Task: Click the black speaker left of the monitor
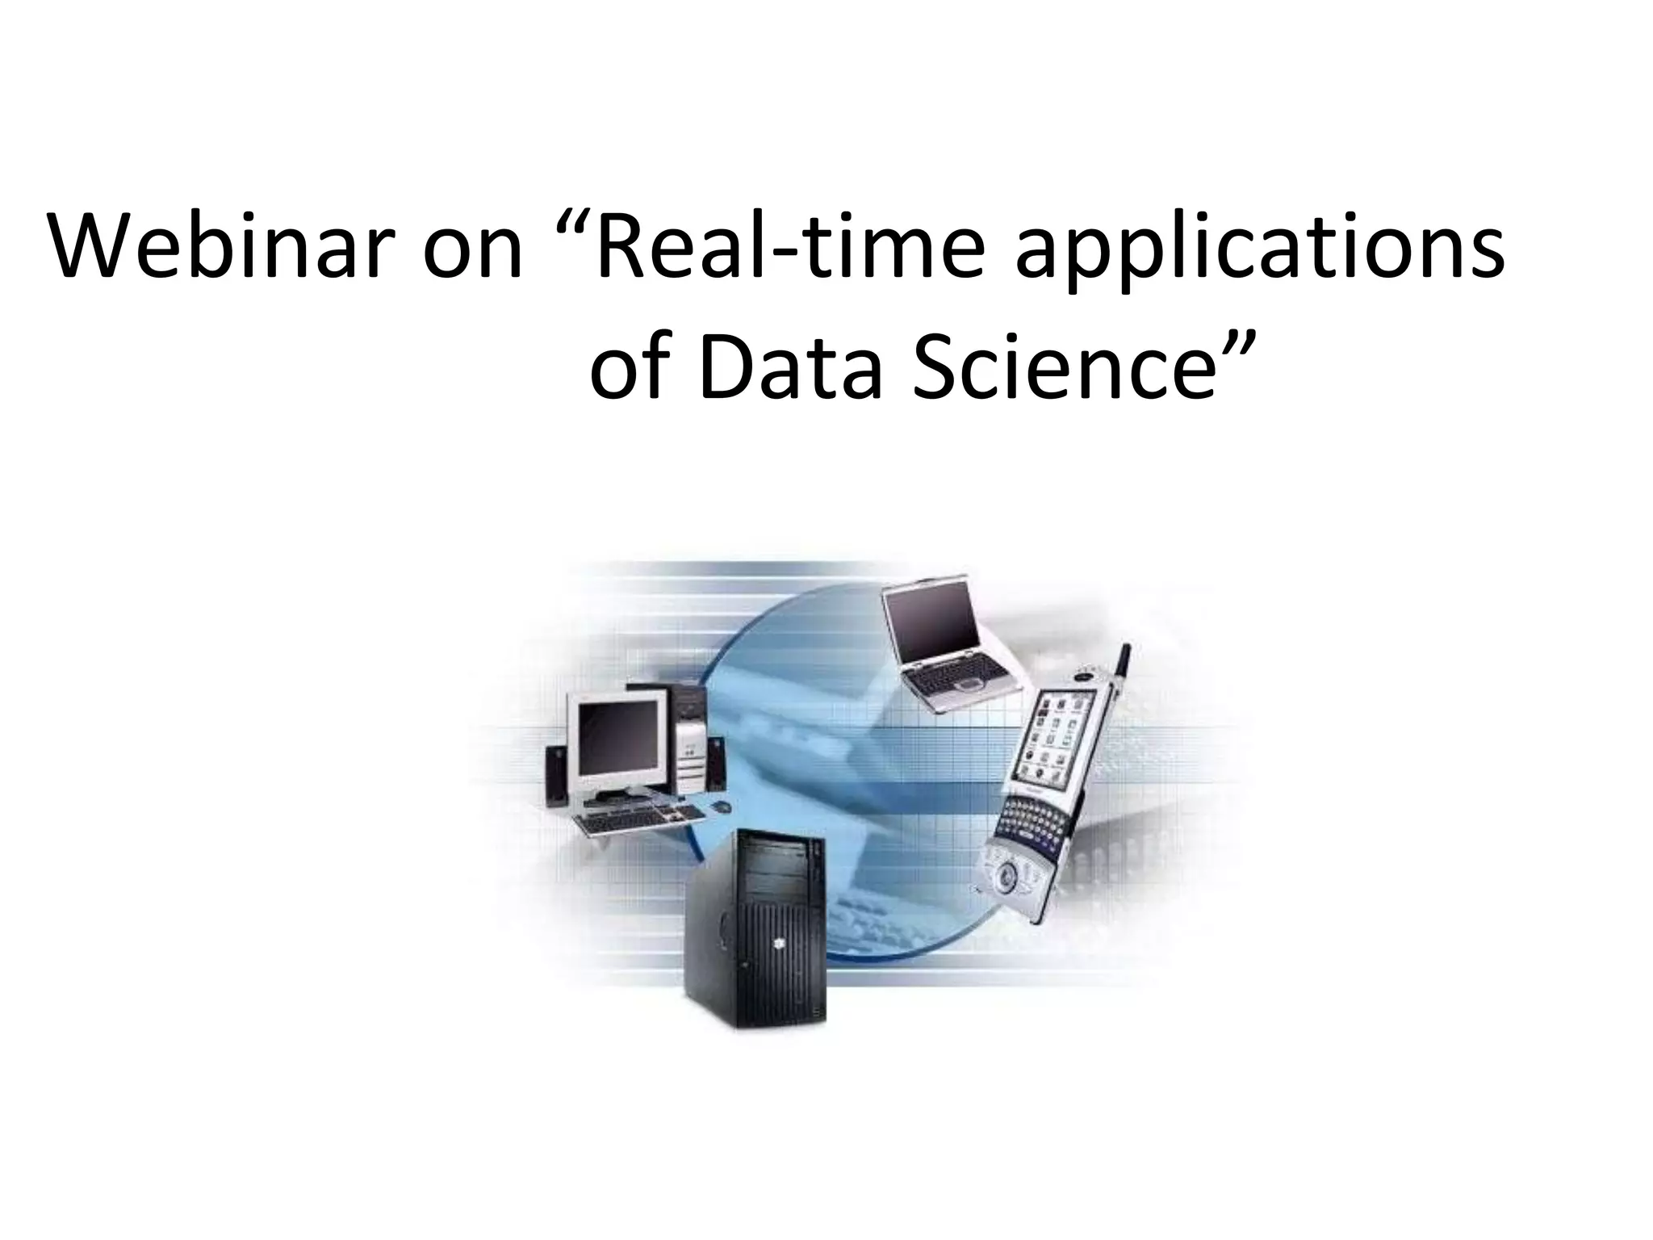point(555,775)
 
